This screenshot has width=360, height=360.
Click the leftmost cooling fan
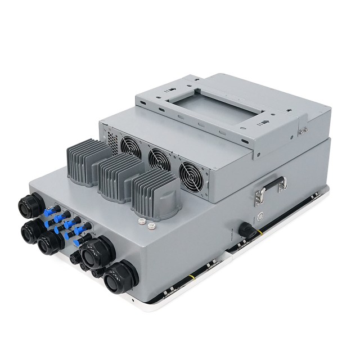click(130, 147)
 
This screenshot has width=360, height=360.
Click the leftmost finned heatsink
click(87, 161)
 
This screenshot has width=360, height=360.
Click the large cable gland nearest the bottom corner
click(120, 275)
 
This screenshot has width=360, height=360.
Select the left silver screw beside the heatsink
click(142, 223)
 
